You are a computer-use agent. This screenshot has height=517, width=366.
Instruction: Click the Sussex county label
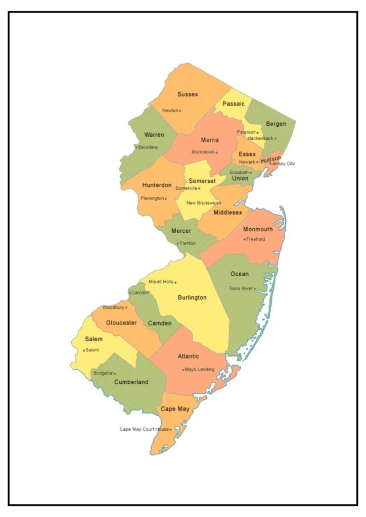tap(188, 94)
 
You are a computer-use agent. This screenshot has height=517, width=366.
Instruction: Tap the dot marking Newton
tap(180, 111)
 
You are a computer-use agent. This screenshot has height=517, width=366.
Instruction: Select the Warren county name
tap(154, 135)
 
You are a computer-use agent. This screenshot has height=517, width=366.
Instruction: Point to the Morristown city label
tap(203, 152)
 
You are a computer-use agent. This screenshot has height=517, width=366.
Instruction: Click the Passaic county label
tap(234, 104)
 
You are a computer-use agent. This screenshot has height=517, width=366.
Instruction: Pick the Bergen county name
tap(276, 124)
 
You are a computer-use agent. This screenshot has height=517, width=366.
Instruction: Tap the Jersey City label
tap(284, 164)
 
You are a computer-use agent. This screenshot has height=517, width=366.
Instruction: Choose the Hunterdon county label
tap(157, 185)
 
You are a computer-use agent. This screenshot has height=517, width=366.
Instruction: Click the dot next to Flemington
tap(165, 198)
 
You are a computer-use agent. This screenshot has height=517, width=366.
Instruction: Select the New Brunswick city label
tap(202, 203)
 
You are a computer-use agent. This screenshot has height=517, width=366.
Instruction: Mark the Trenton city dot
tap(177, 243)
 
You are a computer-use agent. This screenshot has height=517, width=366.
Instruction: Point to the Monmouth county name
tap(258, 229)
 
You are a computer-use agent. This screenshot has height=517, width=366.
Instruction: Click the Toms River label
tap(241, 289)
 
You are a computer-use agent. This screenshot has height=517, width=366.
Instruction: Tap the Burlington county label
tap(192, 298)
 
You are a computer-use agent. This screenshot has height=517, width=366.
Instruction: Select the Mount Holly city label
tap(161, 282)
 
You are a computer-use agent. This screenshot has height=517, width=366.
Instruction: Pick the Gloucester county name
tap(121, 323)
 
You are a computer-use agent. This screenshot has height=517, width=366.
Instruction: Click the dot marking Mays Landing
tap(183, 370)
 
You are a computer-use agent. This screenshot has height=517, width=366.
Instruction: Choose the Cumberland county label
tap(131, 382)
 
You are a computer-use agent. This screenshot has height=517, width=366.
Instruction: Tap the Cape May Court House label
tap(144, 429)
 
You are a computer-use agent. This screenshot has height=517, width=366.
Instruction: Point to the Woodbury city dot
tap(126, 307)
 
